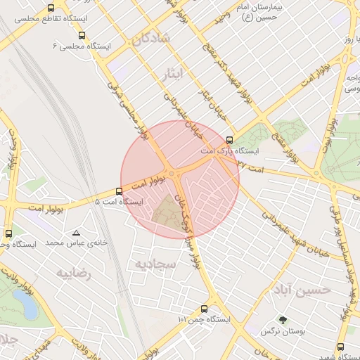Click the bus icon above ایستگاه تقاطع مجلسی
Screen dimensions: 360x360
51,8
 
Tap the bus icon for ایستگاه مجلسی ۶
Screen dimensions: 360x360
82,34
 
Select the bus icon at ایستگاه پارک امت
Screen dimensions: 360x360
229,139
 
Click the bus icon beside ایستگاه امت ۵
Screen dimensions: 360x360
117,191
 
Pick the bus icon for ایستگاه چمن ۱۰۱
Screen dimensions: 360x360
204,308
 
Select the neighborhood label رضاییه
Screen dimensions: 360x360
75,272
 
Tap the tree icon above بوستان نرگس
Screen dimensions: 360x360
283,320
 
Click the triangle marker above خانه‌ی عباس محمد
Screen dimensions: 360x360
76,232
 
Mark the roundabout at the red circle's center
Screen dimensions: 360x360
173,174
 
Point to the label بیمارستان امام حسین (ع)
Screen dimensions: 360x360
277,11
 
